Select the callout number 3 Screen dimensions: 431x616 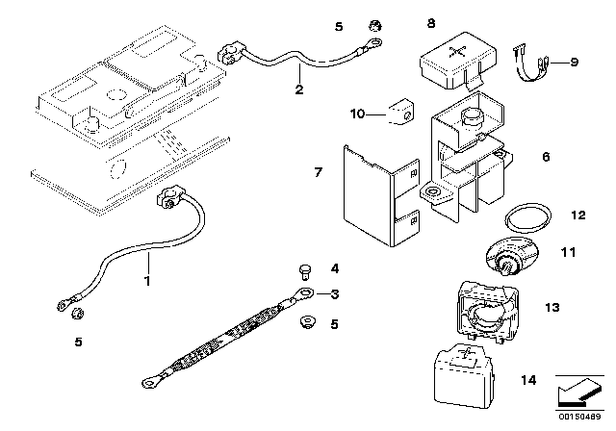334,294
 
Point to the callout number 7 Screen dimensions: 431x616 317,172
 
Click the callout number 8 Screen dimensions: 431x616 430,20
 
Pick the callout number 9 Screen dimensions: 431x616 575,63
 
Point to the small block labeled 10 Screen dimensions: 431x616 396,114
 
